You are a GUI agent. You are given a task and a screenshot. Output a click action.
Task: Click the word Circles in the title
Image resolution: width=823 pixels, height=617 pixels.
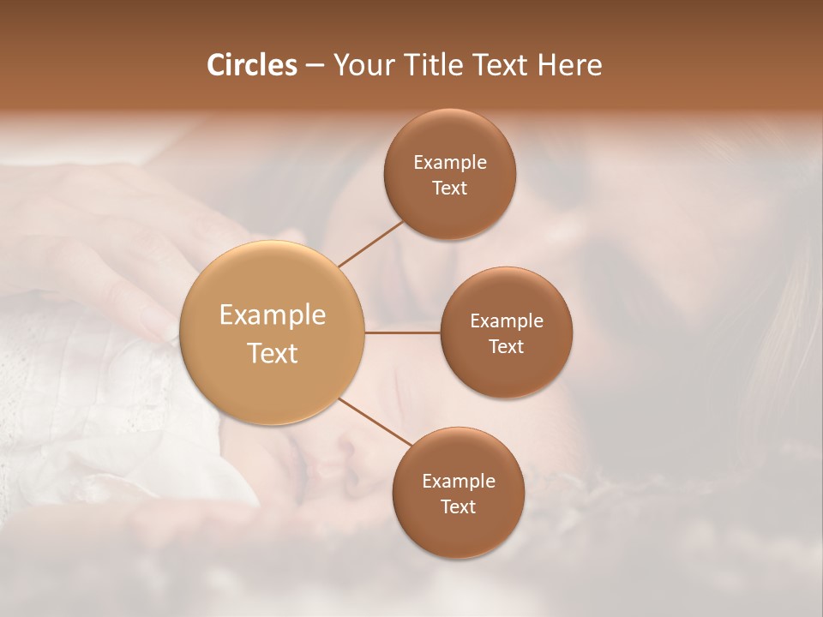coord(251,65)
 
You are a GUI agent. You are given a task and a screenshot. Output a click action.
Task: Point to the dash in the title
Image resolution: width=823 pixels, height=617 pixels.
coord(315,66)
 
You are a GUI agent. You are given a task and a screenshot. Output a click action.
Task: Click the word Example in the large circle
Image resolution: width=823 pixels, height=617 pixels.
coord(273,315)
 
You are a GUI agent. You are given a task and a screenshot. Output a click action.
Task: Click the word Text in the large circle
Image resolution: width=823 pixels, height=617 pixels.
coord(273,353)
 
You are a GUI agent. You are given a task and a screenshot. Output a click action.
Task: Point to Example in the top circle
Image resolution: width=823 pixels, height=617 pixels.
coord(450,162)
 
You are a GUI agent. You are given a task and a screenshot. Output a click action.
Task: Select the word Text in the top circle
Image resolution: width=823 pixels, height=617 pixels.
coord(450,188)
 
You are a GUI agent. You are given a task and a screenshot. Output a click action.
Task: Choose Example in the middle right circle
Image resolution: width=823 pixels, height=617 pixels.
coord(507,320)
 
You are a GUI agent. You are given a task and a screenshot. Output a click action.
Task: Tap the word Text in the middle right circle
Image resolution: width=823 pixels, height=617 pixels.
coord(507,346)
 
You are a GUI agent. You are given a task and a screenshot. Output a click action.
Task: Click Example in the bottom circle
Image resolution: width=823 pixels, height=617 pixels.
coord(459,481)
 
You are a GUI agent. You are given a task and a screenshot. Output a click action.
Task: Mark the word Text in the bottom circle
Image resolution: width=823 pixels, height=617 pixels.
coord(459,506)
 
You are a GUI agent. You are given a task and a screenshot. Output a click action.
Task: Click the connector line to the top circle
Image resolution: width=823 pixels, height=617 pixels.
coord(370,243)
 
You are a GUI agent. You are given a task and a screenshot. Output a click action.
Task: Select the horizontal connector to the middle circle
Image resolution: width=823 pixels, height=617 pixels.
coord(403,332)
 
